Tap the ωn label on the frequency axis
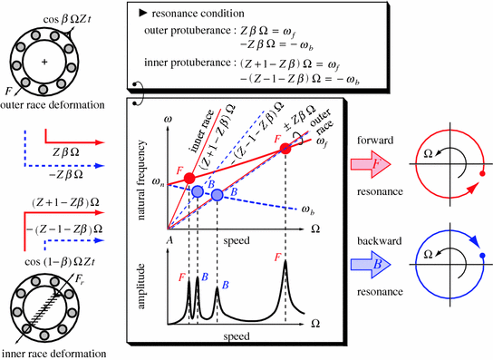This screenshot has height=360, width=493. point(156,185)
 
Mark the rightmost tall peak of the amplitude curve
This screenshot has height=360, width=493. point(285,265)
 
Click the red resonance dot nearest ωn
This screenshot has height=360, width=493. point(188,176)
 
